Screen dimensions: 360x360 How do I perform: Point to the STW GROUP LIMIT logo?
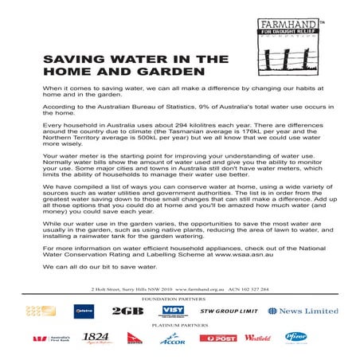point(229,310)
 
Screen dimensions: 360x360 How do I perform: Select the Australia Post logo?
point(217,338)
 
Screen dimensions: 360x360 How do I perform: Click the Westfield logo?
point(257,338)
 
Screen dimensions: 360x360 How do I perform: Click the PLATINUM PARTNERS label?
point(179,325)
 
